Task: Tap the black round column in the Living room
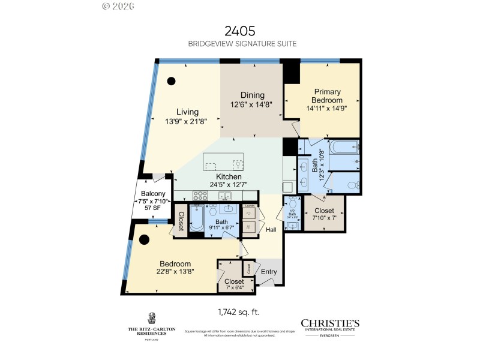(x=171, y=81)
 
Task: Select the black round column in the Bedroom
(x=144, y=240)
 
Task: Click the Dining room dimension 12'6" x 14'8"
(x=252, y=104)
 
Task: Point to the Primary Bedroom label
(x=326, y=96)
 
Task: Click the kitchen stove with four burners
(x=200, y=196)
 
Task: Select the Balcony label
(x=154, y=194)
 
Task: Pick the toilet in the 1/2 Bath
(x=292, y=204)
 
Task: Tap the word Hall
(x=272, y=229)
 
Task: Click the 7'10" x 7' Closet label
(x=324, y=211)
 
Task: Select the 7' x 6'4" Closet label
(x=234, y=281)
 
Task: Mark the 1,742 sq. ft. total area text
(x=239, y=312)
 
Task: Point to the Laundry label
(x=248, y=205)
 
